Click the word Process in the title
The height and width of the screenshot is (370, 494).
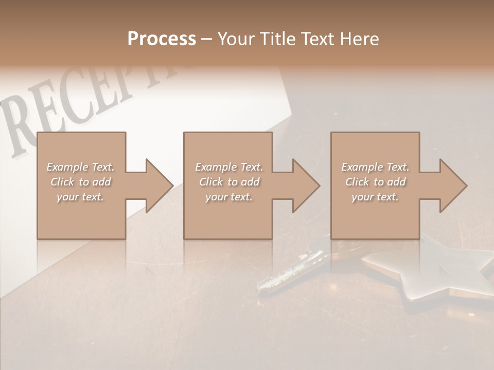pos(162,39)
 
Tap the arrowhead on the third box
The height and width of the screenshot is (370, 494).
pos(450,186)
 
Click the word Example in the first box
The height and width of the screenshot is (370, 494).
pos(67,167)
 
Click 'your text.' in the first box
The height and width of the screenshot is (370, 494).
pos(80,197)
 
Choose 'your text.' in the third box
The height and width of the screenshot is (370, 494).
pos(375,197)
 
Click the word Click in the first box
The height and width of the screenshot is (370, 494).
pos(62,182)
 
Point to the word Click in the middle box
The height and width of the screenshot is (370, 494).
pos(211,182)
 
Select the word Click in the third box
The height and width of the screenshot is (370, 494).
pos(357,182)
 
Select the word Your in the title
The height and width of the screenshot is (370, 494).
pos(235,39)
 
